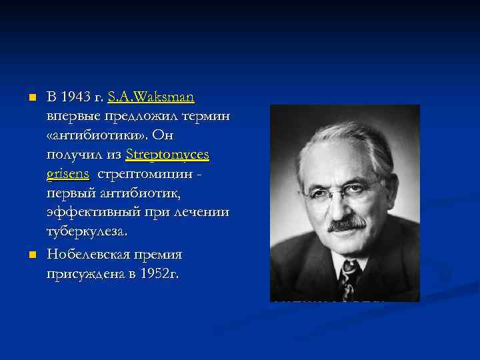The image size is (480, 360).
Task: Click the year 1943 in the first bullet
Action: pyautogui.click(x=75, y=97)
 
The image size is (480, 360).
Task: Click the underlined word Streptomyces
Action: pyautogui.click(x=167, y=155)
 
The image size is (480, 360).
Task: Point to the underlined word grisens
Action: pyautogui.click(x=68, y=174)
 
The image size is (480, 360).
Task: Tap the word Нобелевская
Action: pyautogui.click(x=90, y=255)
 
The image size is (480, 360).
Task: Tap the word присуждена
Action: pyautogui.click(x=85, y=273)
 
